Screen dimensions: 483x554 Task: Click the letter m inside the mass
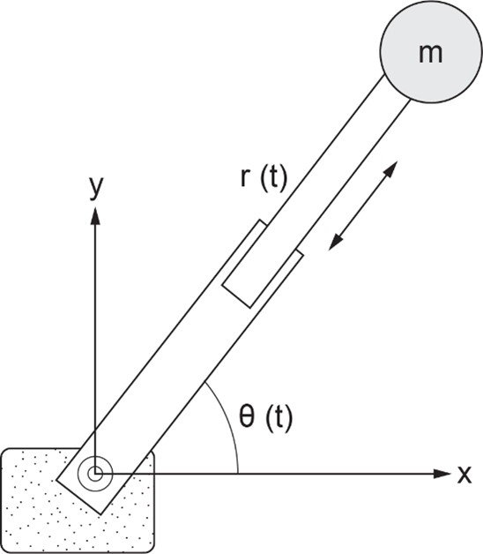click(x=430, y=54)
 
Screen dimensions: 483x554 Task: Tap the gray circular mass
click(x=431, y=52)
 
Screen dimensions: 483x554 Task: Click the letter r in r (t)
click(x=244, y=177)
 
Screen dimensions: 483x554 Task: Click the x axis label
click(x=464, y=475)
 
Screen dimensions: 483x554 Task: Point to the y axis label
click(x=96, y=186)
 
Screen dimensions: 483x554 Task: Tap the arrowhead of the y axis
click(x=95, y=216)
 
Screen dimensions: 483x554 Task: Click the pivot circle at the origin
click(x=94, y=474)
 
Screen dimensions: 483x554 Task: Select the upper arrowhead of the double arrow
click(x=390, y=168)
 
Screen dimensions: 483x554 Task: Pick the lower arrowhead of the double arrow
click(x=335, y=243)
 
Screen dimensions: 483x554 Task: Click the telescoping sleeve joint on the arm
click(x=263, y=264)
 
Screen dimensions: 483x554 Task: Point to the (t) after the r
click(x=273, y=179)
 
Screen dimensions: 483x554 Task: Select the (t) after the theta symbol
click(x=279, y=418)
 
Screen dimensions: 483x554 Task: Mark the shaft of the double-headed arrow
click(x=363, y=206)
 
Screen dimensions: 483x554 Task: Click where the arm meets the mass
click(x=398, y=88)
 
